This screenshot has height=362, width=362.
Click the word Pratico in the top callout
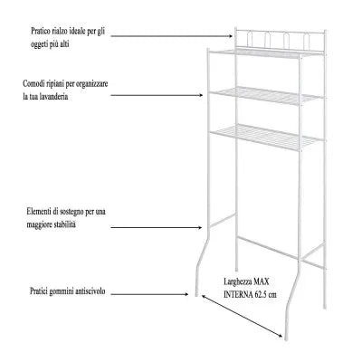(40, 32)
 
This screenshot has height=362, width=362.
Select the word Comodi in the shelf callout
(33, 83)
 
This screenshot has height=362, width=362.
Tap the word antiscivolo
(90, 291)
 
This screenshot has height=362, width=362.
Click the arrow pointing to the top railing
(172, 36)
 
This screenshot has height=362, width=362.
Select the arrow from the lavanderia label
(157, 95)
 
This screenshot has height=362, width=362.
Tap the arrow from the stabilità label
(157, 227)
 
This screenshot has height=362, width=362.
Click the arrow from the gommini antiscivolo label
(149, 293)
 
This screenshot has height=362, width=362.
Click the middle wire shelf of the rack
(266, 96)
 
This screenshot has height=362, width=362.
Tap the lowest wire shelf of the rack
(266, 137)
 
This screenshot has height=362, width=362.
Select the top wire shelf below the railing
(266, 53)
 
